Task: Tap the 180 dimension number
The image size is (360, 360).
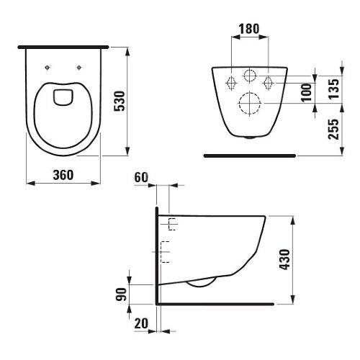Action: pos(248,30)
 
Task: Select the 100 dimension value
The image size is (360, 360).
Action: pos(307,90)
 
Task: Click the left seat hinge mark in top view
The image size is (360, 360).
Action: pos(48,68)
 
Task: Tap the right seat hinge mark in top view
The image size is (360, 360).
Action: pos(78,68)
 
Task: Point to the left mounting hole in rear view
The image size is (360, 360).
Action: pos(231,80)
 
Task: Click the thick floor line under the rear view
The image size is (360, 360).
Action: pos(249,154)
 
